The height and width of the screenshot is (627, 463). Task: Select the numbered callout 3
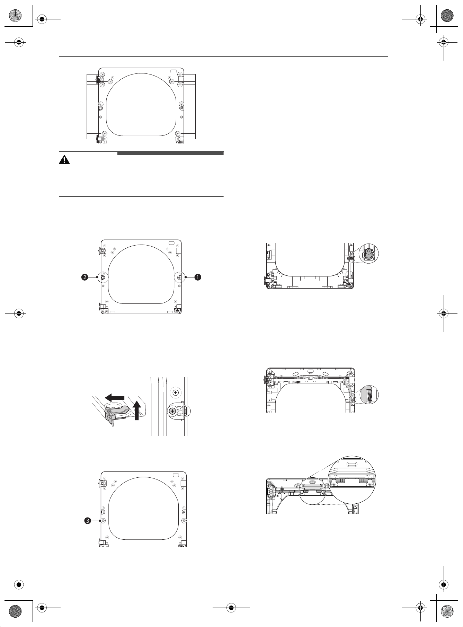click(88, 521)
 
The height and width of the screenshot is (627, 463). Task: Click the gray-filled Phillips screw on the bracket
click(172, 411)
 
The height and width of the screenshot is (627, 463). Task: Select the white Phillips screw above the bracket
click(176, 393)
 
